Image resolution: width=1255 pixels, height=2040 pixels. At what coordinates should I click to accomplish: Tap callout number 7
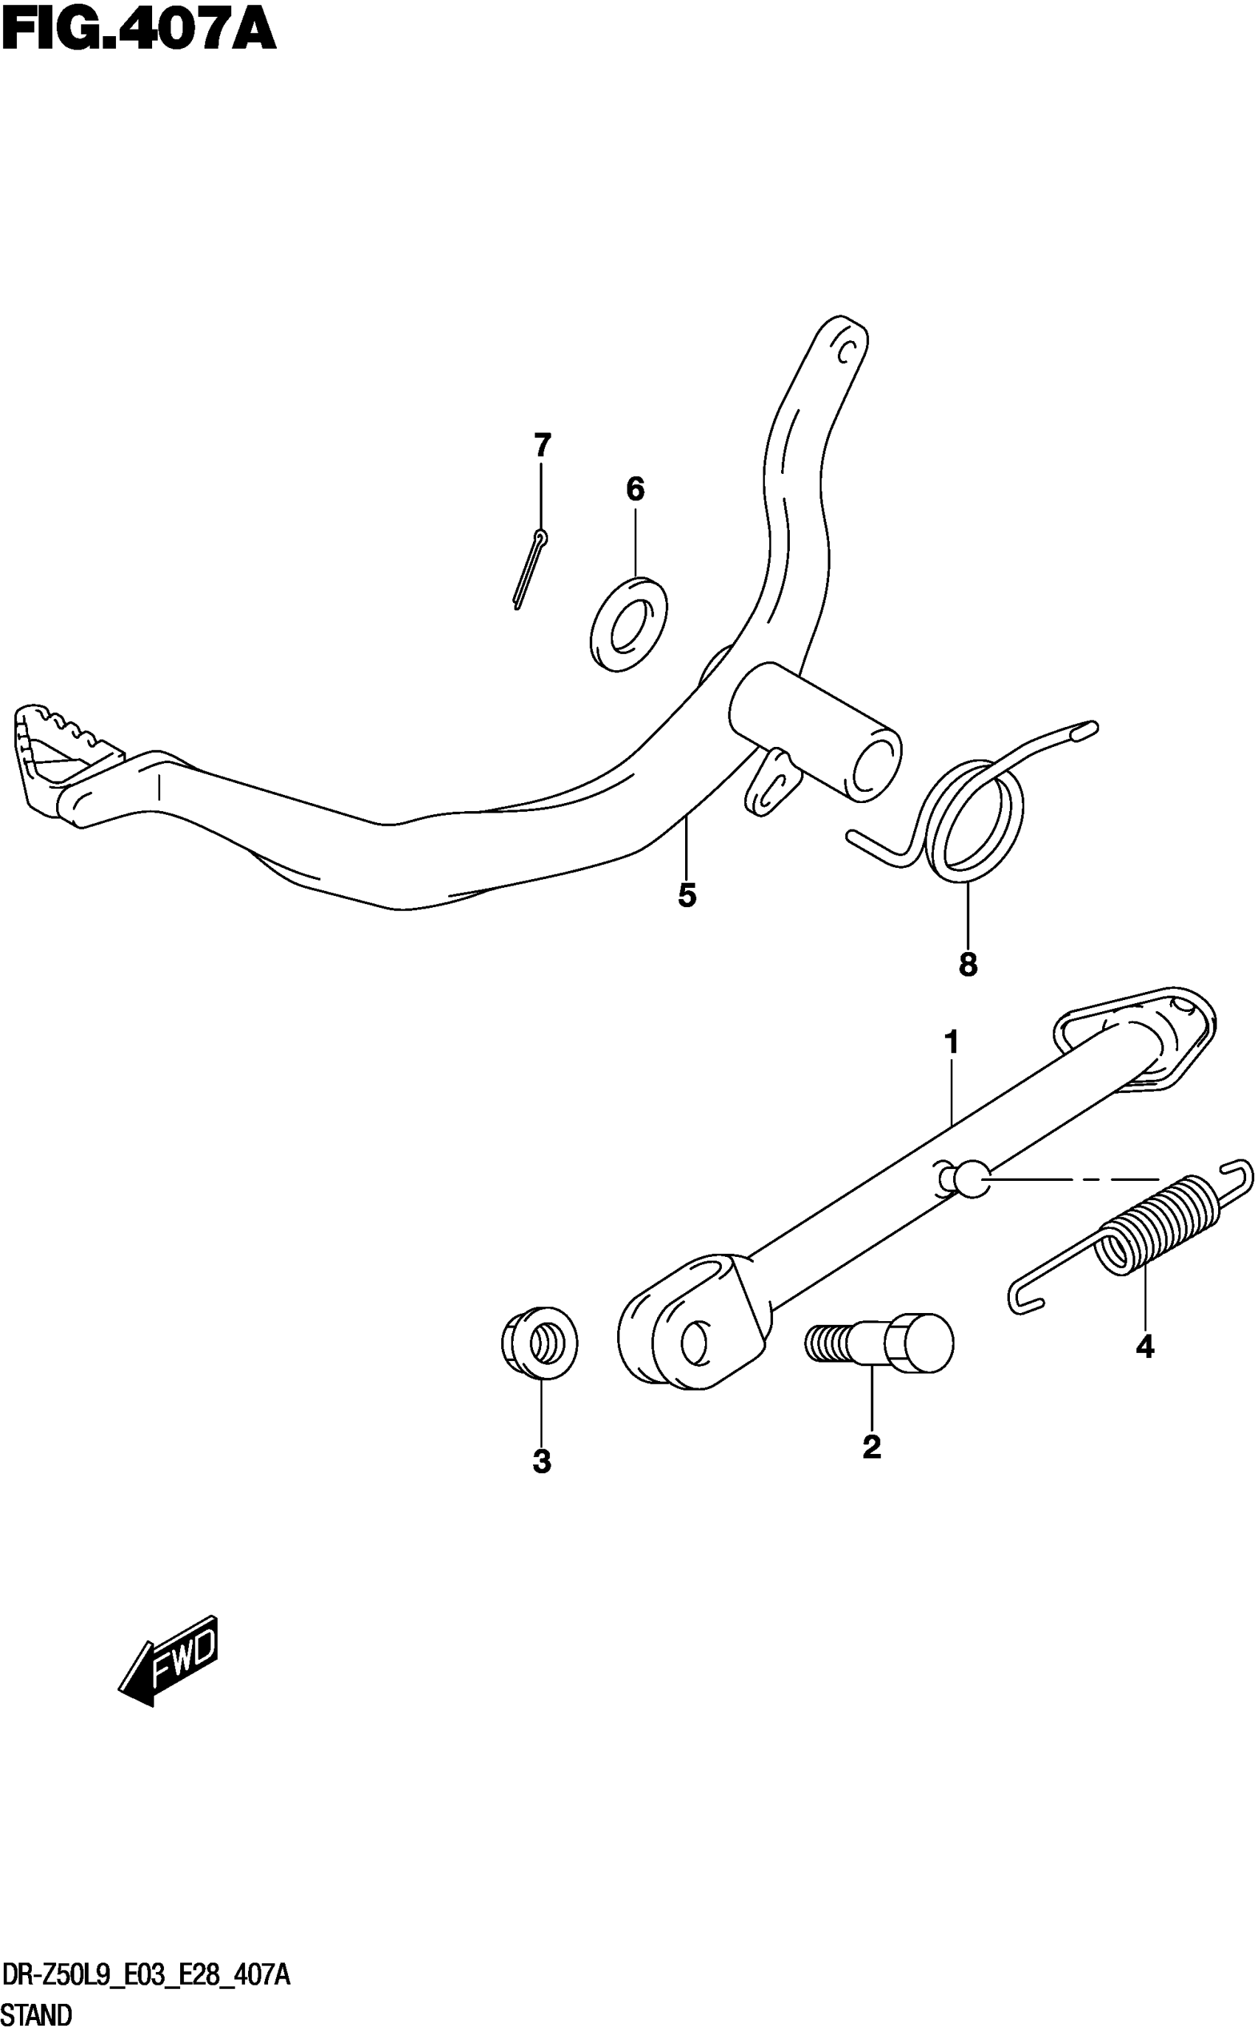542,446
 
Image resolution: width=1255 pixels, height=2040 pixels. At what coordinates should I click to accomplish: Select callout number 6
635,489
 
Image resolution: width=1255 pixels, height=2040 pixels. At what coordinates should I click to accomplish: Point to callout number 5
687,896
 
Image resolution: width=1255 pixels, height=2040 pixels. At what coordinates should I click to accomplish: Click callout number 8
968,964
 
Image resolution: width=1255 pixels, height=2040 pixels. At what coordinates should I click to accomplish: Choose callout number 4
1144,1346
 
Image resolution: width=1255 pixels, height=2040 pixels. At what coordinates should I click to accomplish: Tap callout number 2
872,1447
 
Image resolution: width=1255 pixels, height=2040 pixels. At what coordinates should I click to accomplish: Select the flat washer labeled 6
628,624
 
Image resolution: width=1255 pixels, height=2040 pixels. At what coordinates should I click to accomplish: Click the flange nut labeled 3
540,1344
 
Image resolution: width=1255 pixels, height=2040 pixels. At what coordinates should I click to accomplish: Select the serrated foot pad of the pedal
58,751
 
